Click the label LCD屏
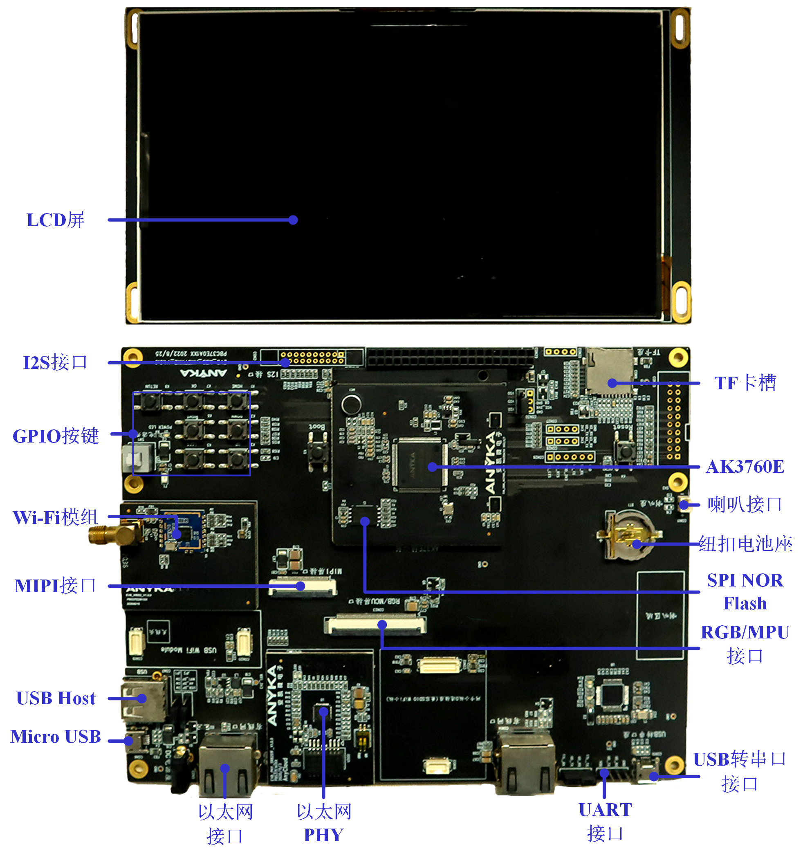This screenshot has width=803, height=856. click(x=55, y=220)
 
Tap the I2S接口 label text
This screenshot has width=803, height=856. click(x=55, y=362)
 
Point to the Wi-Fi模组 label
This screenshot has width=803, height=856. click(x=56, y=517)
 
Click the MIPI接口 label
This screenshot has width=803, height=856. click(x=55, y=586)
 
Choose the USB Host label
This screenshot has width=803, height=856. click(x=56, y=699)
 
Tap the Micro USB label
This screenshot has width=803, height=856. click(x=56, y=737)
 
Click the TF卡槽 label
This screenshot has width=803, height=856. click(x=745, y=383)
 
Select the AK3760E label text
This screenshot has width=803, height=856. click(x=745, y=467)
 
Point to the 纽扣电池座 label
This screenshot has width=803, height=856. click(x=745, y=544)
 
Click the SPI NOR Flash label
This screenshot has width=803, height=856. click(x=745, y=592)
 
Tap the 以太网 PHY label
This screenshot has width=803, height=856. click(x=324, y=823)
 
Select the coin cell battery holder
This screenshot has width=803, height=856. click(x=630, y=535)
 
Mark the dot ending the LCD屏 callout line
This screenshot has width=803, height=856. click(x=293, y=220)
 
